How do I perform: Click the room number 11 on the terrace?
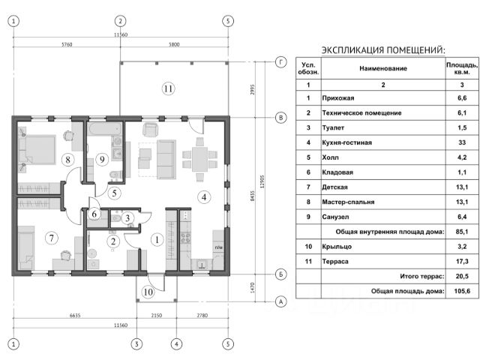point(169,88)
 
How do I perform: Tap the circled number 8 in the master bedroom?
point(67,159)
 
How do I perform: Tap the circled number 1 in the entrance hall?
point(156,240)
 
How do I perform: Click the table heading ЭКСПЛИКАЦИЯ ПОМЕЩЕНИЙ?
point(382,49)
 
